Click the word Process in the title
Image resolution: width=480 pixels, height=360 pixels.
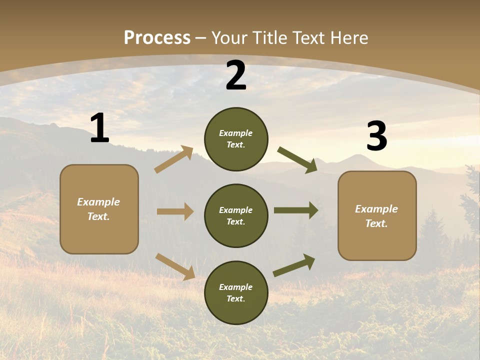(157, 38)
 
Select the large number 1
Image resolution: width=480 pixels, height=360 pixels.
(99, 128)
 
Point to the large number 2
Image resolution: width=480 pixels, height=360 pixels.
(236, 75)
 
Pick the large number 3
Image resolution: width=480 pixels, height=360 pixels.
(376, 136)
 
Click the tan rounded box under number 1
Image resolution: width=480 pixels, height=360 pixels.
(99, 209)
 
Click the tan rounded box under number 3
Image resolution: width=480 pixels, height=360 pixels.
(377, 215)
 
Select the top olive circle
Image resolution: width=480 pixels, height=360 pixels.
(236, 139)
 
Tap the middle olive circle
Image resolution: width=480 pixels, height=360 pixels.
(236, 215)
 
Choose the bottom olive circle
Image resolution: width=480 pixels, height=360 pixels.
(236, 292)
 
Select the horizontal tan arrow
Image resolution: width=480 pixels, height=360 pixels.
(175, 211)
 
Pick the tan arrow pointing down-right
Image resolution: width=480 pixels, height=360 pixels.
(175, 266)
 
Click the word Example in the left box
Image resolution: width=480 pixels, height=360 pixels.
(98, 202)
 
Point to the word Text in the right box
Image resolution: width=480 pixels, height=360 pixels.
(376, 223)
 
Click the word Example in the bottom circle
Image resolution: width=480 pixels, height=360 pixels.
(236, 287)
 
